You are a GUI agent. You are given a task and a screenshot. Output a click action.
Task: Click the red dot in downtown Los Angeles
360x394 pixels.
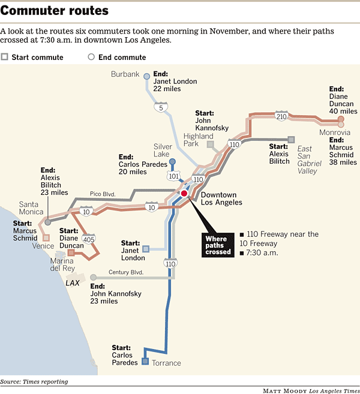point(184,193)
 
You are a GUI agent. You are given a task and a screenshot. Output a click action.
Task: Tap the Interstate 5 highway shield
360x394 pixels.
point(161,107)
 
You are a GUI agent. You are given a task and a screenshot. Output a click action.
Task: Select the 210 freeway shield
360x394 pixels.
point(281,116)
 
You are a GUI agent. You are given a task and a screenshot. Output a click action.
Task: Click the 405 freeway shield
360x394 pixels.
point(89,239)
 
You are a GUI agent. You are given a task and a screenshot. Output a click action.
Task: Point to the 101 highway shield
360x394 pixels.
point(174,176)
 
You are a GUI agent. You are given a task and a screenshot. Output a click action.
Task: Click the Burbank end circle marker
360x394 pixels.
point(146,76)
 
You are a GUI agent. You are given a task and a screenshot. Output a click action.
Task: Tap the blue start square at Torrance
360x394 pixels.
point(145,362)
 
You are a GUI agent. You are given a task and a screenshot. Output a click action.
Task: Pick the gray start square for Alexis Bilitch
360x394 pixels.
point(291,140)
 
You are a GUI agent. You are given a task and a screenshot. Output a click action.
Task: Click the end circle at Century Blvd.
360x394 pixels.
point(93,278)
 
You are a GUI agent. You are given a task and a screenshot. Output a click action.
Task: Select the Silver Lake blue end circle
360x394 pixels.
point(172,161)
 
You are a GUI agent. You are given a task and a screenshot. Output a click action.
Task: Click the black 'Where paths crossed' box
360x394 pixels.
point(218,245)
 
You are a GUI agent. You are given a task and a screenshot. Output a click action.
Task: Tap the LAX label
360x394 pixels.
point(73,283)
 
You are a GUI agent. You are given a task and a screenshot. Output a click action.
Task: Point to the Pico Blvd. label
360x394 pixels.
point(103,194)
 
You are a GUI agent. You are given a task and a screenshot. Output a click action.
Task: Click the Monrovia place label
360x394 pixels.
point(335,132)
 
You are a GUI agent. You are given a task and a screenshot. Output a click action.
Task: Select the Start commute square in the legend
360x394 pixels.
point(4,57)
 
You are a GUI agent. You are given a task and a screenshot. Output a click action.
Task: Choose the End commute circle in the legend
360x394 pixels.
point(91,57)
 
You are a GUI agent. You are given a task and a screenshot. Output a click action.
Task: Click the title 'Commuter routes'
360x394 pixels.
point(55,11)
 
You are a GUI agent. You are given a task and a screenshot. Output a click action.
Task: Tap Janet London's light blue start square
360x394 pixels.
point(146,249)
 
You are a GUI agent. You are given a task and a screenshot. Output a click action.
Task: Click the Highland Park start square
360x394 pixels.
point(211,145)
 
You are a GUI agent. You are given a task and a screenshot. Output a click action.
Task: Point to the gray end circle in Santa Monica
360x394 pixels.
point(48,222)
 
